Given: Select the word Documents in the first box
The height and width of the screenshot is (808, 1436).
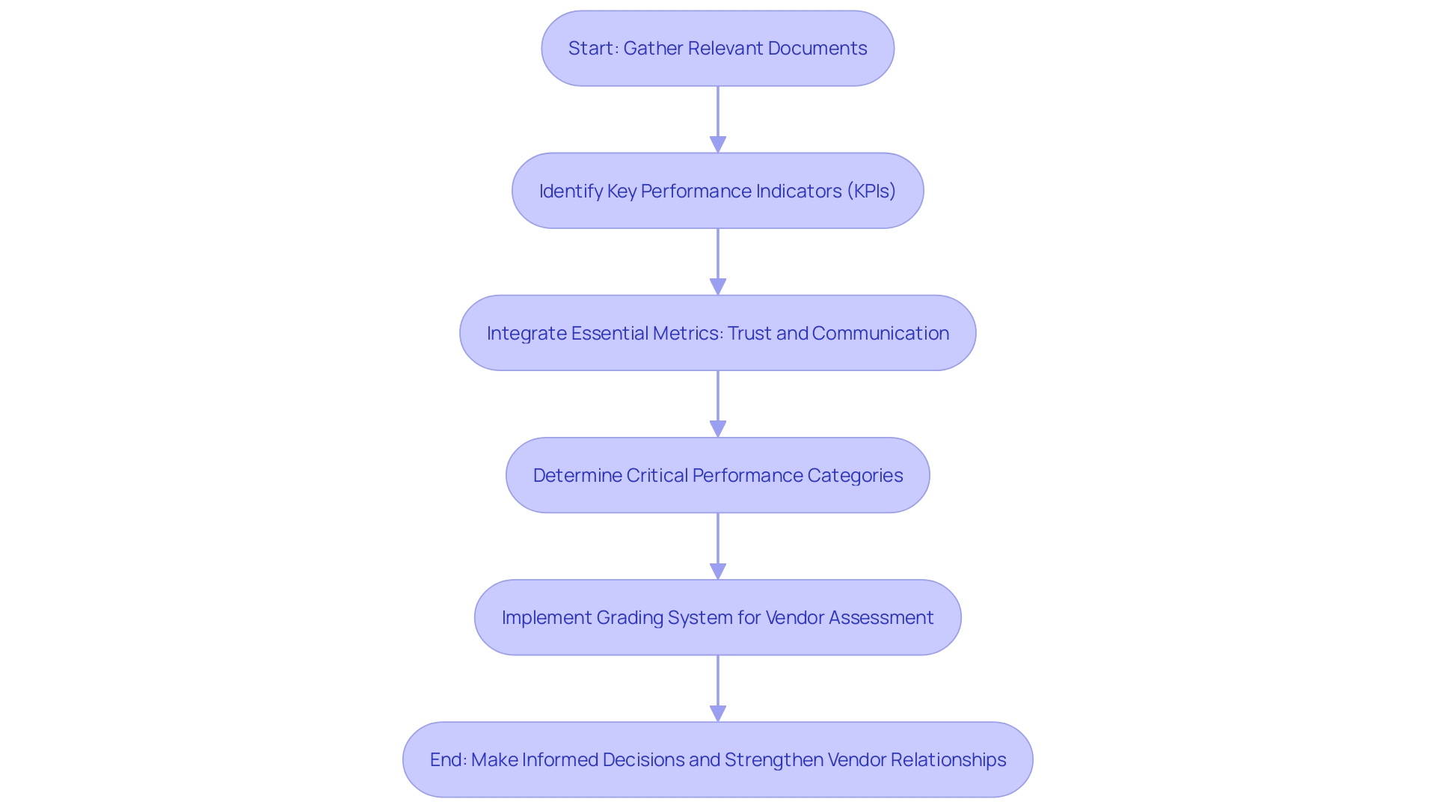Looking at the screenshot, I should (817, 49).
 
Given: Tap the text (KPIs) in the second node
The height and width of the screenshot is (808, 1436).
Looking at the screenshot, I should (871, 192).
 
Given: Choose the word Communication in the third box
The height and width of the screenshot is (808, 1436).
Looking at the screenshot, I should (880, 334).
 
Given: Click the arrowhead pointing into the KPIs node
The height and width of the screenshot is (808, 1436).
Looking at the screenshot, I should (718, 144).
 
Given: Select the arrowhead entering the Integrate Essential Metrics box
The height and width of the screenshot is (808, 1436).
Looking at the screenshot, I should (718, 287).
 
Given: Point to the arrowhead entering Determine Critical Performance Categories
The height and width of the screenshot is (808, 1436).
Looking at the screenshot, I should (718, 429).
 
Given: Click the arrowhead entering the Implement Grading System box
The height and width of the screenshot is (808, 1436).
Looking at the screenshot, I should (718, 571).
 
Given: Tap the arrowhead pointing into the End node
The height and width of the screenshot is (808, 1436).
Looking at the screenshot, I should (718, 713).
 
